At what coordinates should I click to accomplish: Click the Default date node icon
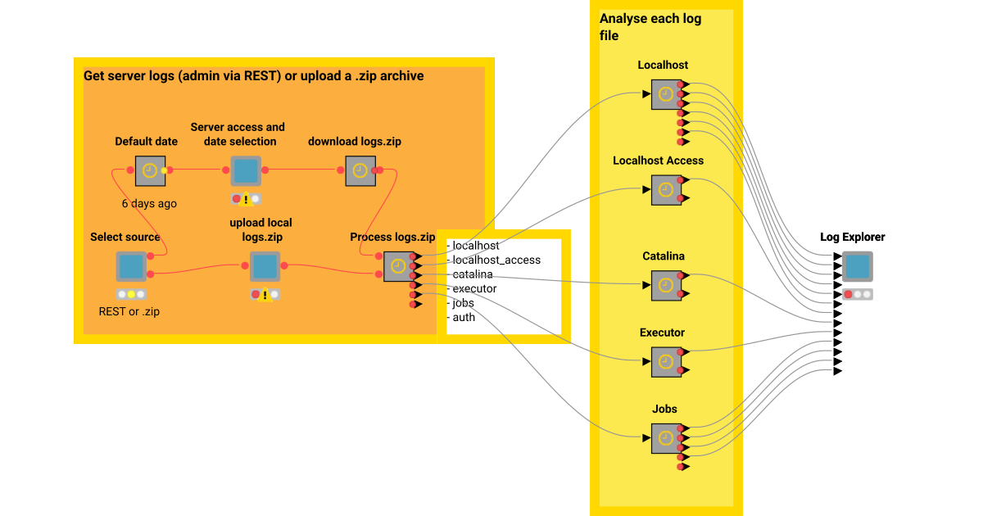tap(150, 170)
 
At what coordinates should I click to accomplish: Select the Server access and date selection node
tap(245, 170)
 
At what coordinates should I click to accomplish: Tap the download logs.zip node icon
tap(360, 170)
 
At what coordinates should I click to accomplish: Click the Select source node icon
tap(130, 266)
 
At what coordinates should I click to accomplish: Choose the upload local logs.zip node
tap(265, 266)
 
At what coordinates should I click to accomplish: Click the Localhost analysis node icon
tap(666, 94)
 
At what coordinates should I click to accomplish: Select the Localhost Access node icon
tap(666, 190)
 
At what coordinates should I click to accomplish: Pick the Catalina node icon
tap(666, 285)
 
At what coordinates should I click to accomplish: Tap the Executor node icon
tap(666, 361)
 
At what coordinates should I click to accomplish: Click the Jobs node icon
tap(666, 437)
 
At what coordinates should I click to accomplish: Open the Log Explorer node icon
tap(857, 266)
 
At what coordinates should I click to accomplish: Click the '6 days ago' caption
tap(149, 203)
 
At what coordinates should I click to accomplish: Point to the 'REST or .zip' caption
tap(129, 311)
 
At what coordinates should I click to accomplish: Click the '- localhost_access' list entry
tap(494, 260)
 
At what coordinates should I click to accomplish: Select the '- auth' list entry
tap(461, 317)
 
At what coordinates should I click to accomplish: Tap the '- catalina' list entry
tap(470, 274)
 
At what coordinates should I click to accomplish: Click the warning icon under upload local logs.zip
tap(265, 295)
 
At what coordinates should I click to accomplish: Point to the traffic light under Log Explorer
tap(857, 294)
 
